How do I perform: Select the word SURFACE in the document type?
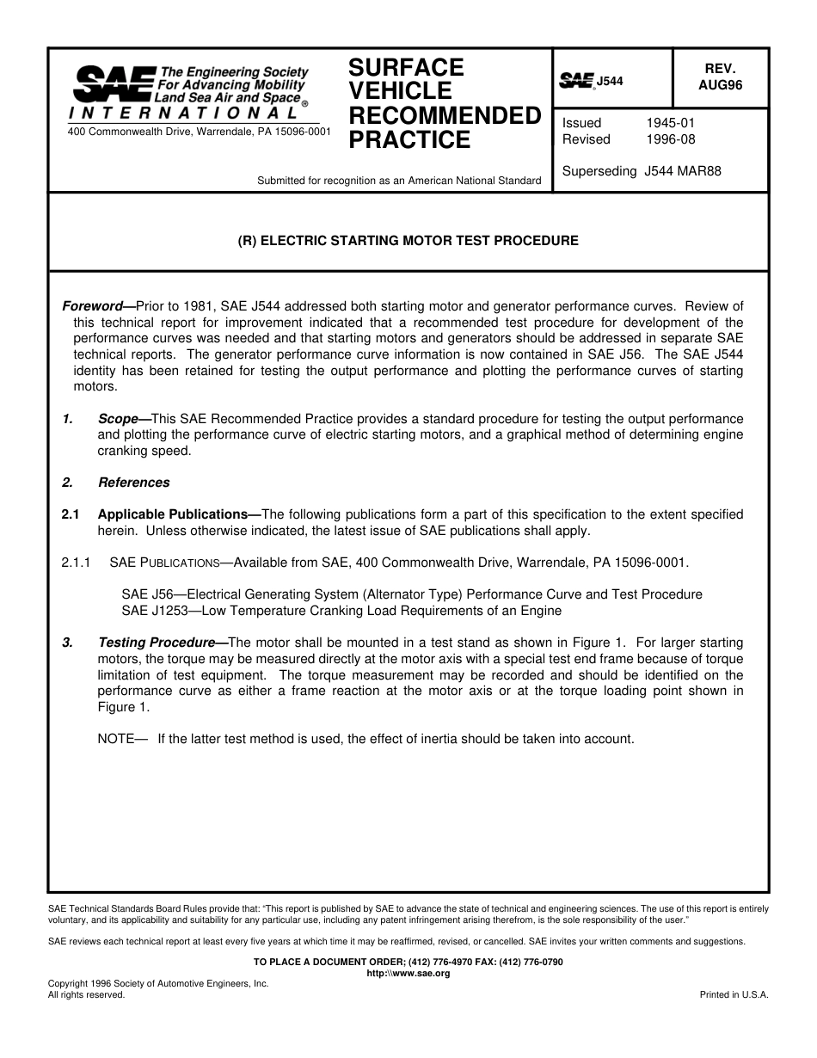(x=406, y=68)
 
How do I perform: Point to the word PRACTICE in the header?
(x=409, y=140)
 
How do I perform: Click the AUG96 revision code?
(x=720, y=85)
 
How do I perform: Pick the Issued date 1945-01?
(x=670, y=123)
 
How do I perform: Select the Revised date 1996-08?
(x=670, y=139)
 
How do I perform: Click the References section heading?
(x=133, y=483)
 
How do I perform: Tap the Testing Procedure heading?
(x=157, y=643)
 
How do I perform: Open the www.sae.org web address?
(x=408, y=974)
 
